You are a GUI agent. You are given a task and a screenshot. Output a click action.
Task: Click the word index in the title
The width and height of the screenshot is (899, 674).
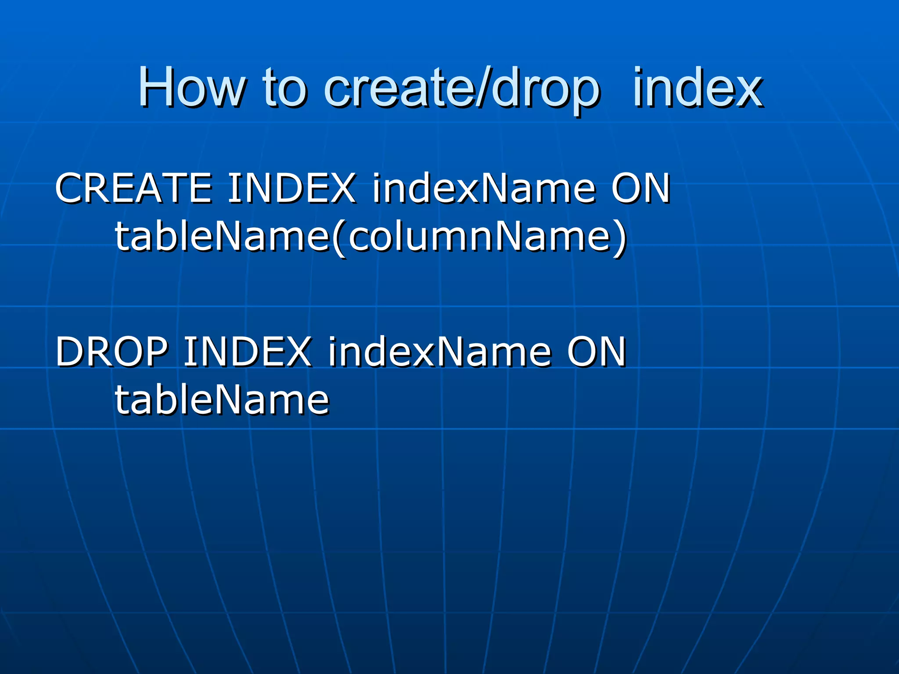698,89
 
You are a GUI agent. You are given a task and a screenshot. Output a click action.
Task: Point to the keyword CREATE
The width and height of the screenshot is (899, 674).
133,188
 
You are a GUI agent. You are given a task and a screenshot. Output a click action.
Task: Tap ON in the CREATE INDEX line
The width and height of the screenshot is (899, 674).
641,188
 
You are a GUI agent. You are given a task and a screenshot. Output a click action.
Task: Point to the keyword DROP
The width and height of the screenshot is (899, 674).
111,351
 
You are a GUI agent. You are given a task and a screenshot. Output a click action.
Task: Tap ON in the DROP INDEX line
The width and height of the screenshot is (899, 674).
597,351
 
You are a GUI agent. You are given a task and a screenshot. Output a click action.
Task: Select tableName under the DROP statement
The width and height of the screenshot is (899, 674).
222,400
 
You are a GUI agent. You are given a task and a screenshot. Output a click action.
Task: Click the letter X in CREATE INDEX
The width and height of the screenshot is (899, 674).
340,188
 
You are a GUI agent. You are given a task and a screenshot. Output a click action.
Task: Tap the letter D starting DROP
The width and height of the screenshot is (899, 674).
71,351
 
